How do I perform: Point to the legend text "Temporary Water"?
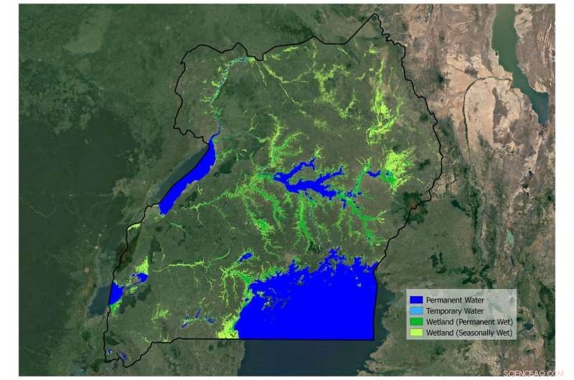point(455,311)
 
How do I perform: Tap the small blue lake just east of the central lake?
point(373,174)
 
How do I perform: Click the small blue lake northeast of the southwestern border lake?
point(141,277)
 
